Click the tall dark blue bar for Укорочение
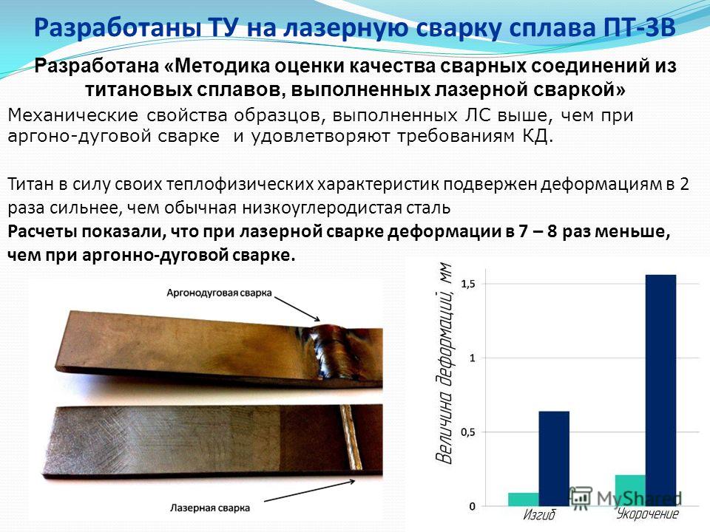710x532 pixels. pyautogui.click(x=660, y=390)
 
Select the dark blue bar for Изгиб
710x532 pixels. pyautogui.click(x=554, y=459)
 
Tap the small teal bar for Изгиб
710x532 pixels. pyautogui.click(x=524, y=499)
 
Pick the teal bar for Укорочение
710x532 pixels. pyautogui.click(x=630, y=491)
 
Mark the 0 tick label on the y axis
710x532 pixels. pyautogui.click(x=472, y=506)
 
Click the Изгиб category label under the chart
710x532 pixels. pyautogui.click(x=539, y=515)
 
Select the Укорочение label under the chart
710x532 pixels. pyautogui.click(x=648, y=514)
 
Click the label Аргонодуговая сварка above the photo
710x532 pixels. pyautogui.click(x=219, y=293)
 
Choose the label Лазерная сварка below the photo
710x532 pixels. pyautogui.click(x=209, y=508)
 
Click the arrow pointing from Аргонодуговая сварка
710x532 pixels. pyautogui.click(x=297, y=309)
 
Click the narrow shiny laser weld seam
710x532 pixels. pyautogui.click(x=351, y=437)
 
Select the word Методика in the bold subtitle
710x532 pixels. pyautogui.click(x=220, y=66)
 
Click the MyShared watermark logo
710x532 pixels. pyautogui.click(x=625, y=497)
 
